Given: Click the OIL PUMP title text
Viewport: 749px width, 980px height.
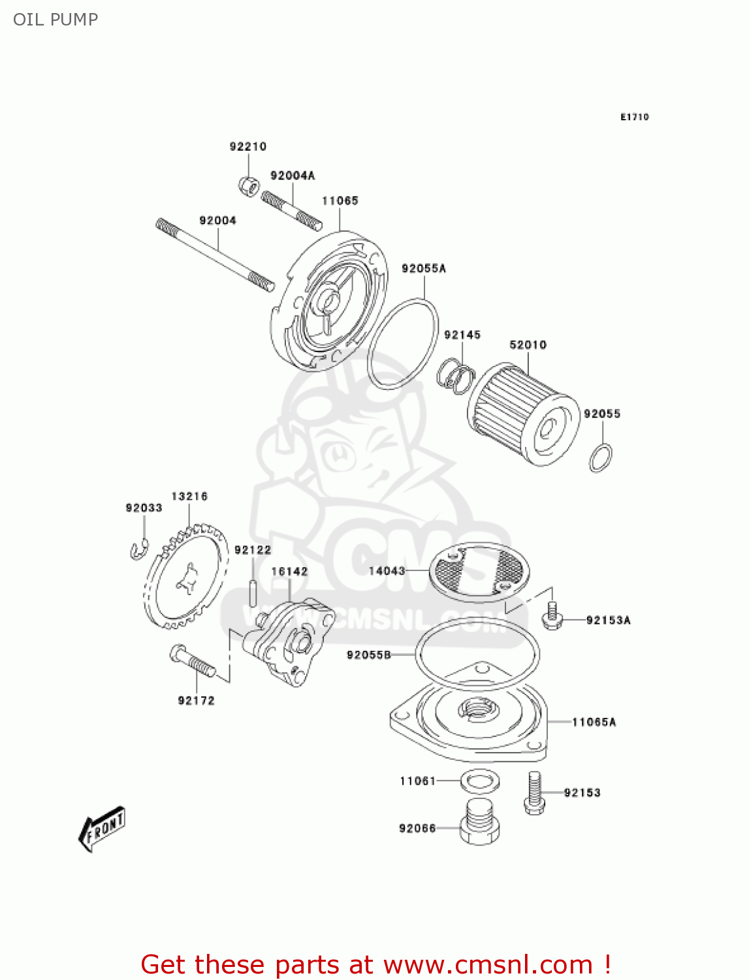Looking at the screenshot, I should [56, 20].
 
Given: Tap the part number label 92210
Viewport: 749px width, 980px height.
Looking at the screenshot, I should [248, 146].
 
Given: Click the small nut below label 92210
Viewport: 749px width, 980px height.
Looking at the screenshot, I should [249, 186].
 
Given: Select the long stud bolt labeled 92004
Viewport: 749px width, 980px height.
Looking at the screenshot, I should [215, 254].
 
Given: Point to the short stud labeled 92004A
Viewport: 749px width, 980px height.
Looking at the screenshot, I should [291, 210].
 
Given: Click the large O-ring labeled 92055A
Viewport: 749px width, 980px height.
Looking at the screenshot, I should [402, 344].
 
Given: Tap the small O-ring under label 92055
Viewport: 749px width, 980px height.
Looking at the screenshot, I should [600, 458].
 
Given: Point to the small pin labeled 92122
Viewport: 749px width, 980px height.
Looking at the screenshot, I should [253, 591].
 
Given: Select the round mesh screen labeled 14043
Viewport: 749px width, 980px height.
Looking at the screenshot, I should [479, 572].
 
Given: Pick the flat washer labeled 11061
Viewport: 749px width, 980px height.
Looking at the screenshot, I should [480, 780].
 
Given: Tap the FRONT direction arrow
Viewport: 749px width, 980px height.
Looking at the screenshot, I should [102, 829].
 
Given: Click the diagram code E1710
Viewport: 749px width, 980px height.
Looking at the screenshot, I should [634, 117].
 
